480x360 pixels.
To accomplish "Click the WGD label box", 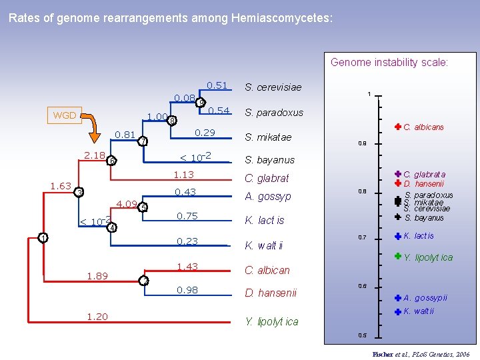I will pos(65,115).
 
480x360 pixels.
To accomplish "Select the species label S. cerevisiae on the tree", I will pos(273,87).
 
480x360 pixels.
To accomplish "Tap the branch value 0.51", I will pos(217,85).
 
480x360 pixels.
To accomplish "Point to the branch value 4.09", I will pos(127,204).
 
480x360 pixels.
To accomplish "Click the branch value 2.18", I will pos(95,155).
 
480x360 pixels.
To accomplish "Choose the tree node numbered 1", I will pos(43,238).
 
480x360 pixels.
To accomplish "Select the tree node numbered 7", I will pos(143,141).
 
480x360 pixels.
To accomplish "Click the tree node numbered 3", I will pos(78,193).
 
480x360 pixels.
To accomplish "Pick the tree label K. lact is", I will pos(265,220).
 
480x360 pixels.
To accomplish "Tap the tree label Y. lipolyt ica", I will pos(271,321).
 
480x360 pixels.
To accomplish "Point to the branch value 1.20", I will pos(97,317).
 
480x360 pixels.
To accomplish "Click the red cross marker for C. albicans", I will pos(397,127).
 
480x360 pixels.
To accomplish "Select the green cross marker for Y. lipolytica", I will pos(397,256).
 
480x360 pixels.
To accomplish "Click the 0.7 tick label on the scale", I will pos(362,237).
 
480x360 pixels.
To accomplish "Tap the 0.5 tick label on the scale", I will pos(362,335).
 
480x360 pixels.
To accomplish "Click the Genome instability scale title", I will pos(389,63).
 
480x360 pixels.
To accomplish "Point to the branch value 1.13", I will pos(183,175).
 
